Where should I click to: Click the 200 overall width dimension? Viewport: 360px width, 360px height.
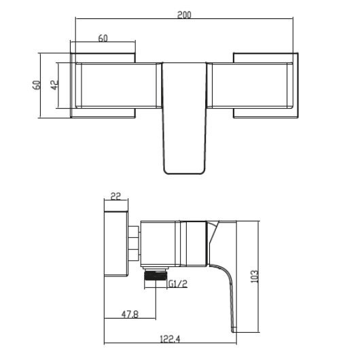(x=183, y=14)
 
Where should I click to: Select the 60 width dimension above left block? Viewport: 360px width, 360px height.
(x=103, y=39)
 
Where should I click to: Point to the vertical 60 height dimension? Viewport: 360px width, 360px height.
(x=38, y=85)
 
